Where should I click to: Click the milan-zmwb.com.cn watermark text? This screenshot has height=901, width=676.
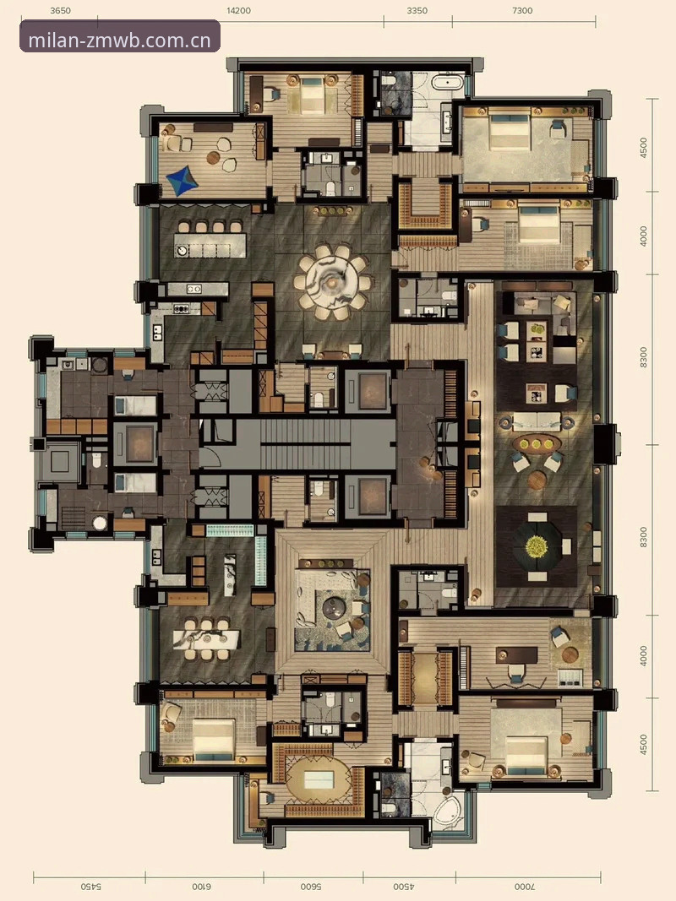(119, 41)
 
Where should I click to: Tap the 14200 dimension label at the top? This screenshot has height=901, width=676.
(238, 10)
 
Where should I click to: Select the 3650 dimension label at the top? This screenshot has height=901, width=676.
(60, 10)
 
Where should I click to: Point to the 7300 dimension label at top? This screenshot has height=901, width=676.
(522, 10)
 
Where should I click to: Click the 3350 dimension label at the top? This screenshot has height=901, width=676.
(417, 10)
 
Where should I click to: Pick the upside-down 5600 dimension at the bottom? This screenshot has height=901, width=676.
(310, 887)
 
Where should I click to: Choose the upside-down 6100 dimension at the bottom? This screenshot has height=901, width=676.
(200, 887)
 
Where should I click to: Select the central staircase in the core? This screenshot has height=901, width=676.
(305, 444)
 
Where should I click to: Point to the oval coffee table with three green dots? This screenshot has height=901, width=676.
(537, 443)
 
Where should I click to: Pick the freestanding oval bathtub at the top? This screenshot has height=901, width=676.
(448, 83)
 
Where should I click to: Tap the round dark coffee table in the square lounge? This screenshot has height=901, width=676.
(333, 608)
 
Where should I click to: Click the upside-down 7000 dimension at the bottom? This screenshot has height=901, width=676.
(524, 887)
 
